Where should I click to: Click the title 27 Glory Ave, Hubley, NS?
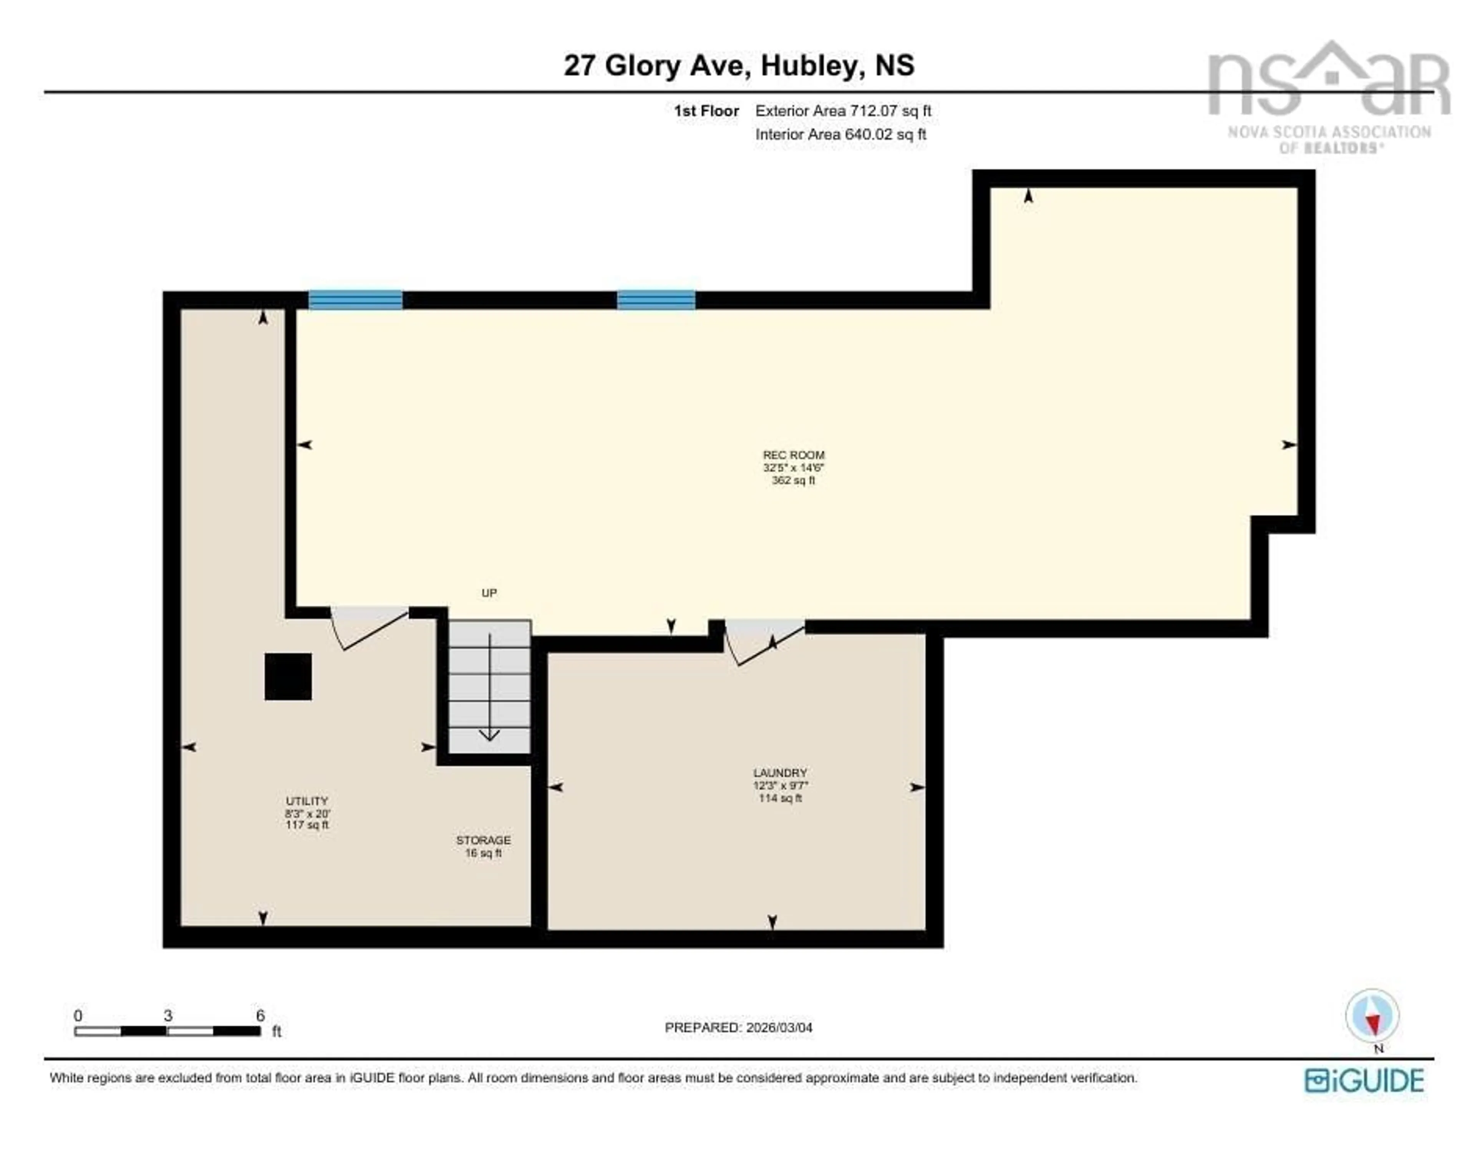[x=739, y=66]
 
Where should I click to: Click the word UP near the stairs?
[x=489, y=593]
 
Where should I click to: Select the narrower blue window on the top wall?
[x=656, y=300]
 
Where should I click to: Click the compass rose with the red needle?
[x=1372, y=1015]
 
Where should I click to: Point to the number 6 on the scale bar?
[x=260, y=1015]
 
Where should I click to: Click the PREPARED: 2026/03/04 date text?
[x=738, y=1027]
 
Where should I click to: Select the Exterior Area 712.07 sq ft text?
[x=843, y=111]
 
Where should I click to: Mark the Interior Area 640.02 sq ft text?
[x=840, y=134]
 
